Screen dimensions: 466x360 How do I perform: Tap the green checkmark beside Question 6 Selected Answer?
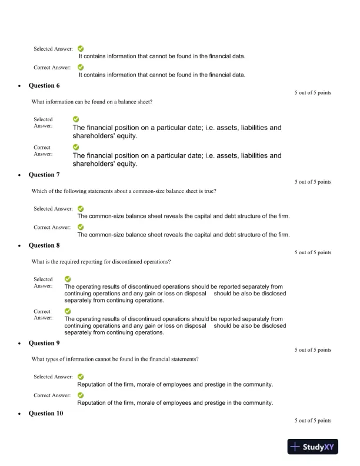click(x=76, y=119)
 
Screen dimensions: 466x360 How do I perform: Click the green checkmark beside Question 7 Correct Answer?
click(x=81, y=227)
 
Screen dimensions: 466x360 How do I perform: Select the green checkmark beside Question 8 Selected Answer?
click(x=68, y=279)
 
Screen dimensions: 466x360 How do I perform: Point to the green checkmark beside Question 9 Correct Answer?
click(x=81, y=395)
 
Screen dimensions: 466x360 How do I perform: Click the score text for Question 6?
click(x=313, y=93)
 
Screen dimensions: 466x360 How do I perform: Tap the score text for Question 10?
click(x=313, y=421)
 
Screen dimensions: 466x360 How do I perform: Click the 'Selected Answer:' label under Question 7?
click(x=53, y=209)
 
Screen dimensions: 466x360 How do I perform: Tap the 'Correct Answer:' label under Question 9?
click(x=52, y=395)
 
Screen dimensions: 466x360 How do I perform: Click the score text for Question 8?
click(x=313, y=253)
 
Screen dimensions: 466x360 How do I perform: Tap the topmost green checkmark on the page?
click(x=81, y=49)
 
